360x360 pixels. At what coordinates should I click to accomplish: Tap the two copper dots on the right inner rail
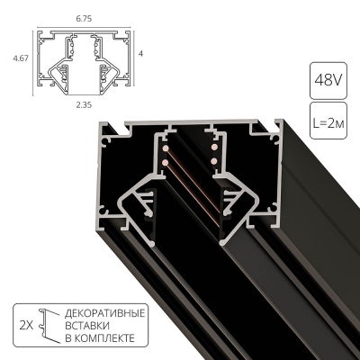pyautogui.click(x=215, y=152)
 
